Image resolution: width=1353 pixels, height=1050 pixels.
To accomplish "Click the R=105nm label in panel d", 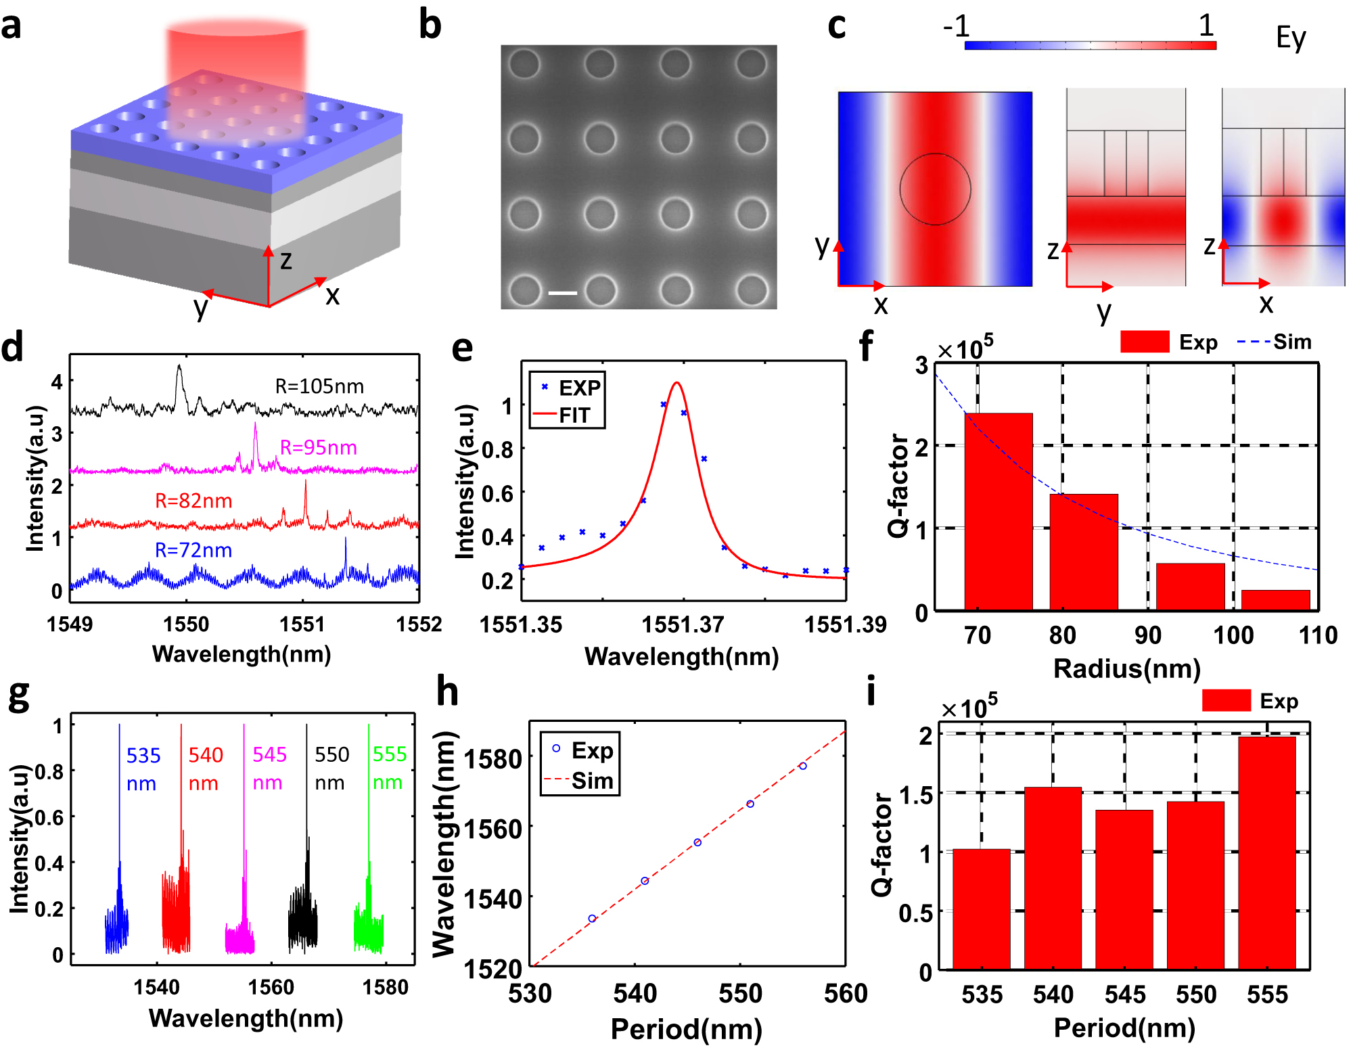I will pyautogui.click(x=319, y=386).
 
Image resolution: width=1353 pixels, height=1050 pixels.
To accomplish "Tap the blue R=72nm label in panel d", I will pyautogui.click(x=193, y=550).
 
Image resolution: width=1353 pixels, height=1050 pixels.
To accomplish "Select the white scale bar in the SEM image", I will pyautogui.click(x=562, y=293).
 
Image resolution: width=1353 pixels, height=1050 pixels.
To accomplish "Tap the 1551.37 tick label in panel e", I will pyautogui.click(x=683, y=624).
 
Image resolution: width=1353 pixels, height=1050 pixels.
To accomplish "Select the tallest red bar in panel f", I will pyautogui.click(x=998, y=511).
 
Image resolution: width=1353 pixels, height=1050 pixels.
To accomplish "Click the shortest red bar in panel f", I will pyautogui.click(x=1275, y=600).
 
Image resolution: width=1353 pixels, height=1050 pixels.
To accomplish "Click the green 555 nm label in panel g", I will pyautogui.click(x=389, y=768).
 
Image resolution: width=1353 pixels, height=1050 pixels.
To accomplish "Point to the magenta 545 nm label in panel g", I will pyautogui.click(x=269, y=768).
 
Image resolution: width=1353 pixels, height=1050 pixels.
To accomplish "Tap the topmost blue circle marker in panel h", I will pyautogui.click(x=802, y=766).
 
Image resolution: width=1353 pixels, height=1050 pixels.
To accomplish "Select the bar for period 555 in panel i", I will pyautogui.click(x=1266, y=852).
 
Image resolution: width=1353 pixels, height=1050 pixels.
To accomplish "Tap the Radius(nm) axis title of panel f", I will pyautogui.click(x=1126, y=668).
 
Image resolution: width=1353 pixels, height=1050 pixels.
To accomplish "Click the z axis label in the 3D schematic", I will pyautogui.click(x=285, y=260).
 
